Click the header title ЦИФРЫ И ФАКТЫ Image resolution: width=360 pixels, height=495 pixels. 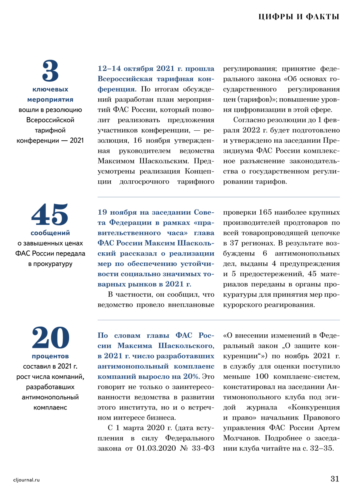click(x=299, y=17)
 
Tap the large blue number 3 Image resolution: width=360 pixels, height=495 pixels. click(x=50, y=71)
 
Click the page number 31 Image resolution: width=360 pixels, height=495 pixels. click(x=335, y=479)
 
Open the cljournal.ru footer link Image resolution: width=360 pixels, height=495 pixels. click(x=27, y=479)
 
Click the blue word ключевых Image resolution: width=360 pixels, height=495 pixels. click(x=50, y=89)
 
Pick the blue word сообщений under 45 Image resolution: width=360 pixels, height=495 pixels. click(x=50, y=233)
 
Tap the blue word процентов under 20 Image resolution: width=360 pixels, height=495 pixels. click(x=50, y=355)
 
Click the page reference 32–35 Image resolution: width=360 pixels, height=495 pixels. click(x=321, y=448)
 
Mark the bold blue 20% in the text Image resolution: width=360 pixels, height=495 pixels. click(x=190, y=376)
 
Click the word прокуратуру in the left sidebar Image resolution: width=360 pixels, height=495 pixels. click(x=50, y=264)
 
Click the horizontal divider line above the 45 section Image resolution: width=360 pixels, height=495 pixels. click(x=218, y=197)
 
